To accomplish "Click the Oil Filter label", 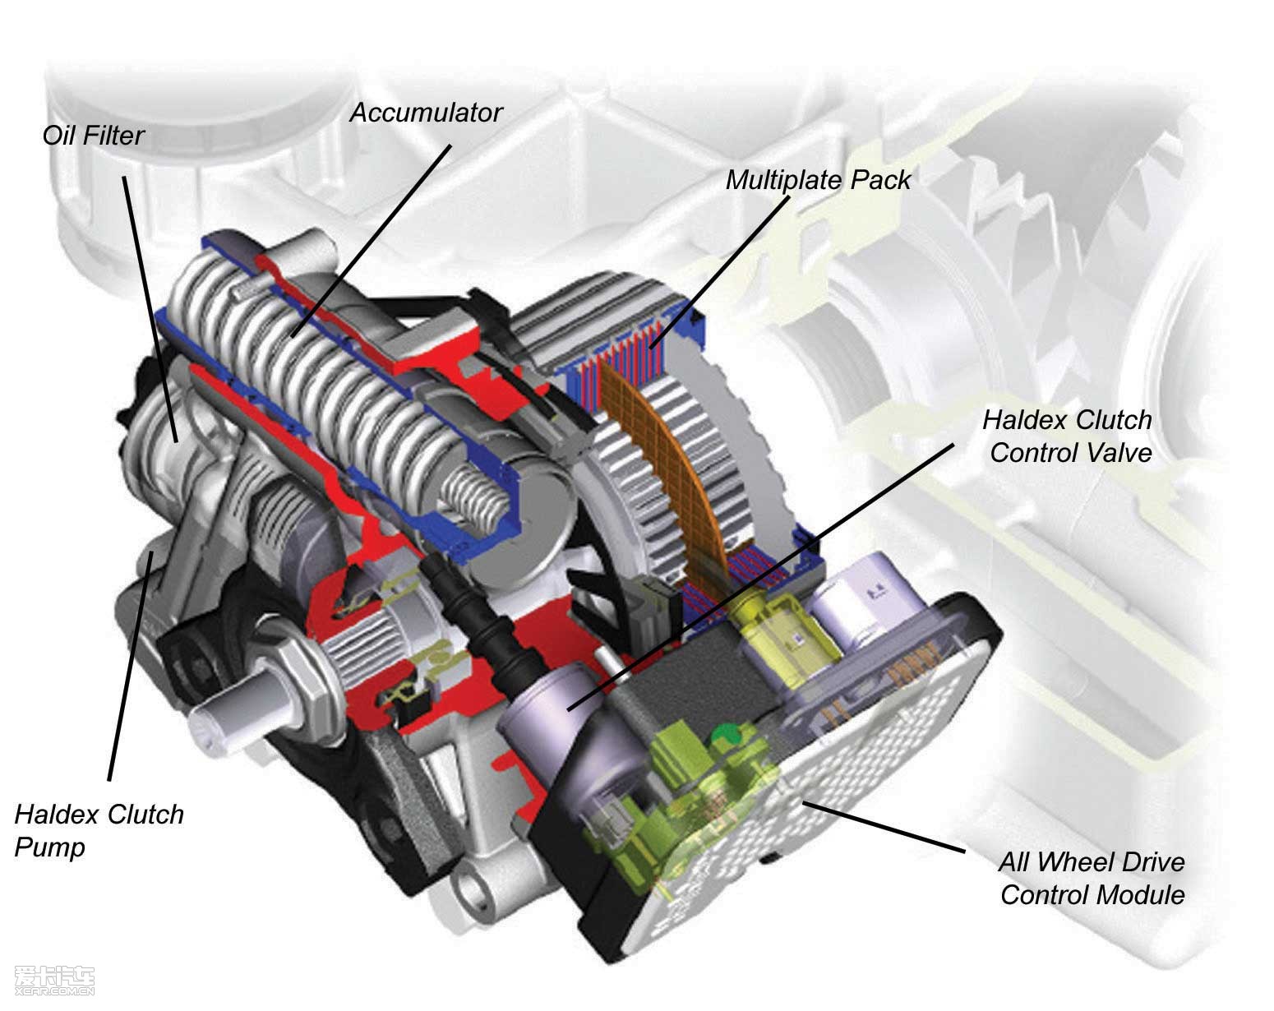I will (93, 136).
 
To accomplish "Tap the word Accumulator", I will (426, 113).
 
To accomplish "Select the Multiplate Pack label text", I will (818, 180).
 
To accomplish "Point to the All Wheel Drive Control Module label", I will (1092, 878).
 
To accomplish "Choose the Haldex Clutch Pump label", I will (99, 830).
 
